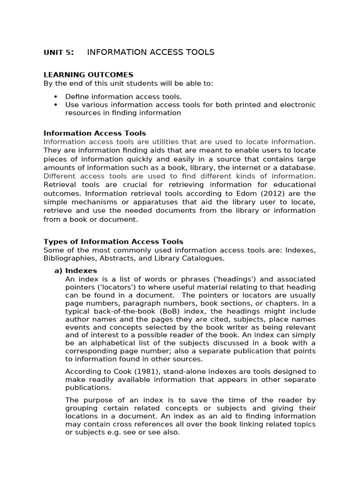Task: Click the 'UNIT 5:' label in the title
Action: pos(59,52)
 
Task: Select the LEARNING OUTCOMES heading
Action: pos(88,75)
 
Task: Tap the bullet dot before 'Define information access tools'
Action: pos(55,96)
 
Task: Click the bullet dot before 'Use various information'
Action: pos(55,105)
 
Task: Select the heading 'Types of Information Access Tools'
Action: pos(113,241)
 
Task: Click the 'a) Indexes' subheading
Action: pos(76,270)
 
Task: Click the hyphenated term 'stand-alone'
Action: pos(183,371)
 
